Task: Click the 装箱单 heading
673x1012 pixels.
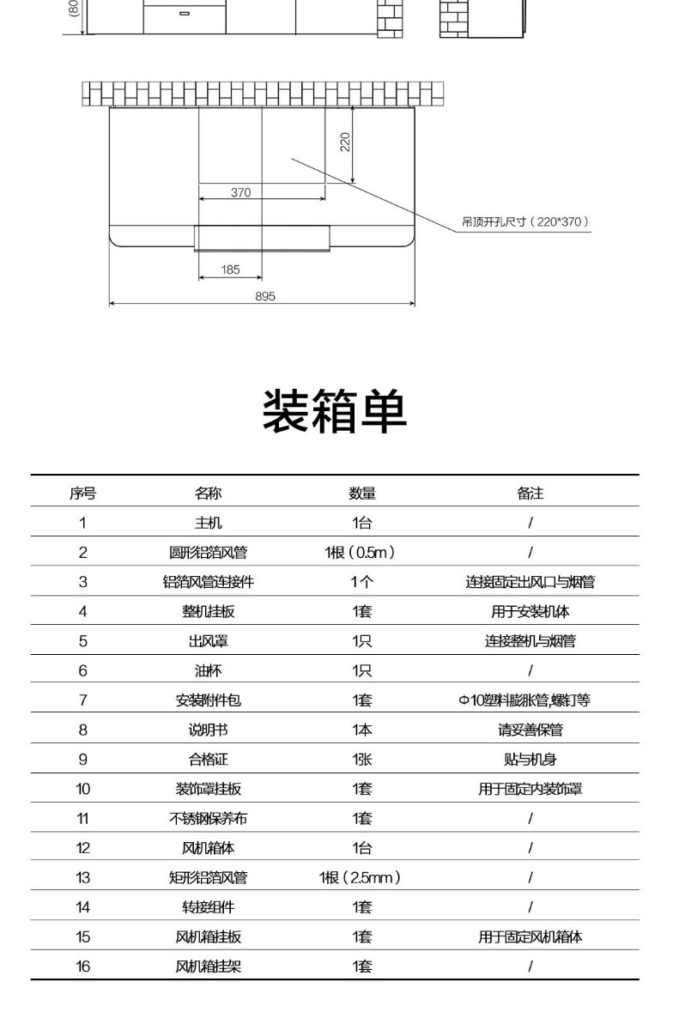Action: coord(334,411)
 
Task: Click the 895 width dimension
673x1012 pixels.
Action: coord(264,296)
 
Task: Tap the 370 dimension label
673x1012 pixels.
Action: coord(241,192)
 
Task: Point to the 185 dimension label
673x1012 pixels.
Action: coord(230,270)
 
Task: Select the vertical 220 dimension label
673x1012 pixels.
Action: coord(345,141)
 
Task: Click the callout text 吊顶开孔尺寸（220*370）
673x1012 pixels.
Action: coord(526,221)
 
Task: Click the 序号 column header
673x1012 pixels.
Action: coord(82,493)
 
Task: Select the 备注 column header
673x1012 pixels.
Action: coord(530,493)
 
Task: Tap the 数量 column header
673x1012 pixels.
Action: coord(361,493)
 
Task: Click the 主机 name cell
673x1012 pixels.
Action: coord(208,523)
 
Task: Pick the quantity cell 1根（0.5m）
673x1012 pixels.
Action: coord(361,552)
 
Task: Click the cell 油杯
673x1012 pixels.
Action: coord(208,670)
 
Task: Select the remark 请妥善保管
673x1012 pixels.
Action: coord(530,730)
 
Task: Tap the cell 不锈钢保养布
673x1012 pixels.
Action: coord(208,818)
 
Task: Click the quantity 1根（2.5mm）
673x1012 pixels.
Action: coord(361,877)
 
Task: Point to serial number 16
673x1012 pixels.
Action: coord(82,966)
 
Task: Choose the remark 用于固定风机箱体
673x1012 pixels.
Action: coord(530,936)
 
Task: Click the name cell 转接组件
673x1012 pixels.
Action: coord(208,906)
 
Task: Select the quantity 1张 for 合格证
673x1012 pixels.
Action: coord(361,759)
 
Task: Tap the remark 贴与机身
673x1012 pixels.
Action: coord(530,759)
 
